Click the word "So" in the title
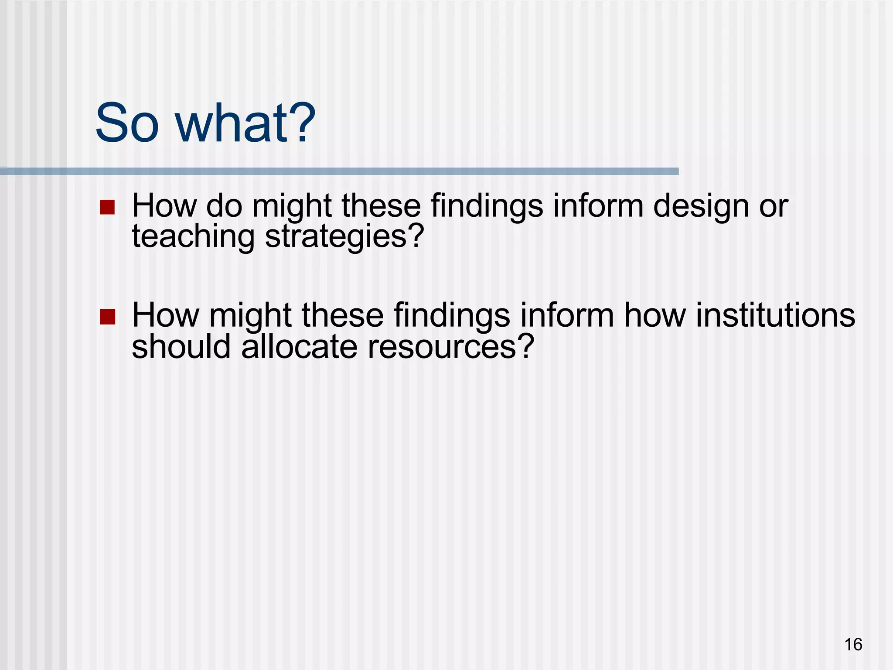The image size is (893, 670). tap(127, 123)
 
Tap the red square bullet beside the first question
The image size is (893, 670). tap(107, 207)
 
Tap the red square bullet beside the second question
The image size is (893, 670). tap(107, 317)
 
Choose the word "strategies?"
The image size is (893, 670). tap(344, 237)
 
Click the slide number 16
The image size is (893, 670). tap(853, 644)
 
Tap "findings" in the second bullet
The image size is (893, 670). tap(452, 316)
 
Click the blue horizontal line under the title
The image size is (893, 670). tap(339, 171)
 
